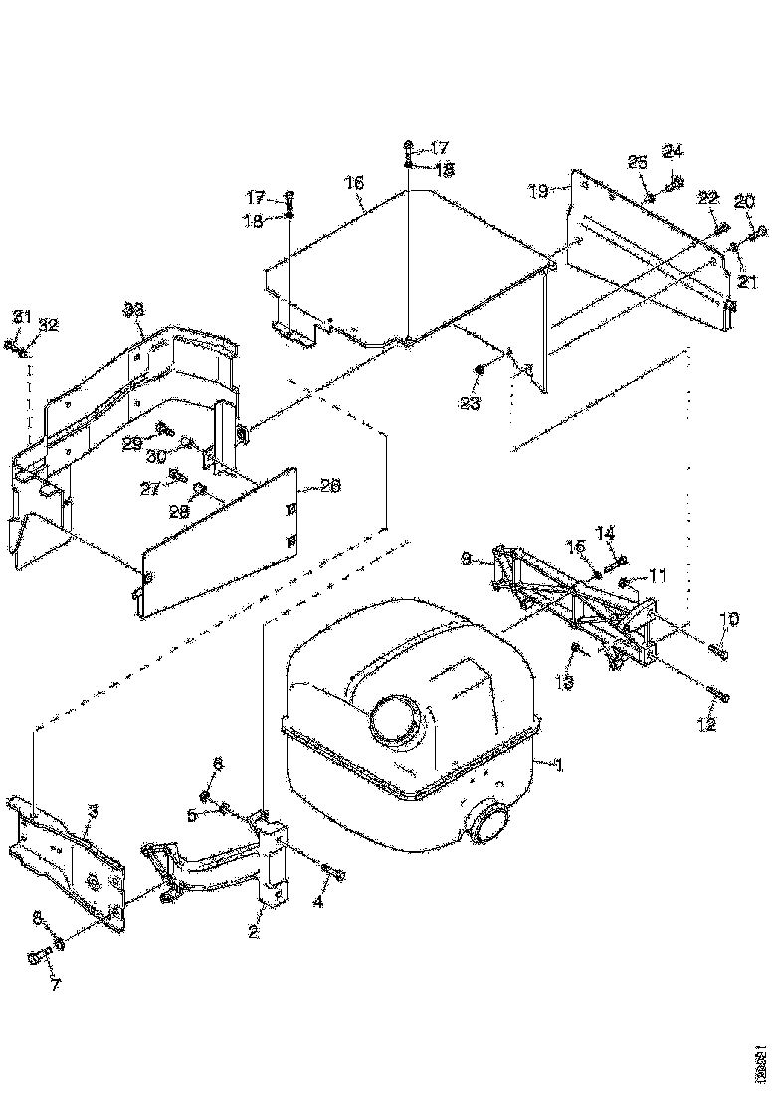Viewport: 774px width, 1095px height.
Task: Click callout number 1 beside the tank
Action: (x=559, y=765)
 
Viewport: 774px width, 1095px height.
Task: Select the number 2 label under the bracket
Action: (x=254, y=933)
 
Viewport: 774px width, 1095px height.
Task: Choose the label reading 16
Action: (x=355, y=183)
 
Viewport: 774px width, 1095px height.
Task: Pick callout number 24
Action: (x=674, y=152)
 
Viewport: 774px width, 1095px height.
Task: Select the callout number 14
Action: (x=606, y=533)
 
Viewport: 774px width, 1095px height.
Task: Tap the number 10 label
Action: (x=729, y=620)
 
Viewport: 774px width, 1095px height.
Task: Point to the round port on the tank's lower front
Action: (x=488, y=823)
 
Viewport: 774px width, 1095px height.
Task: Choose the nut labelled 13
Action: (x=576, y=649)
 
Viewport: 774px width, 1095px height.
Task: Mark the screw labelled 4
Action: (x=336, y=874)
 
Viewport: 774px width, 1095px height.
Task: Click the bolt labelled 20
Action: (x=758, y=232)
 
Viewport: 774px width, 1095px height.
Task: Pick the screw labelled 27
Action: (x=178, y=475)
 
